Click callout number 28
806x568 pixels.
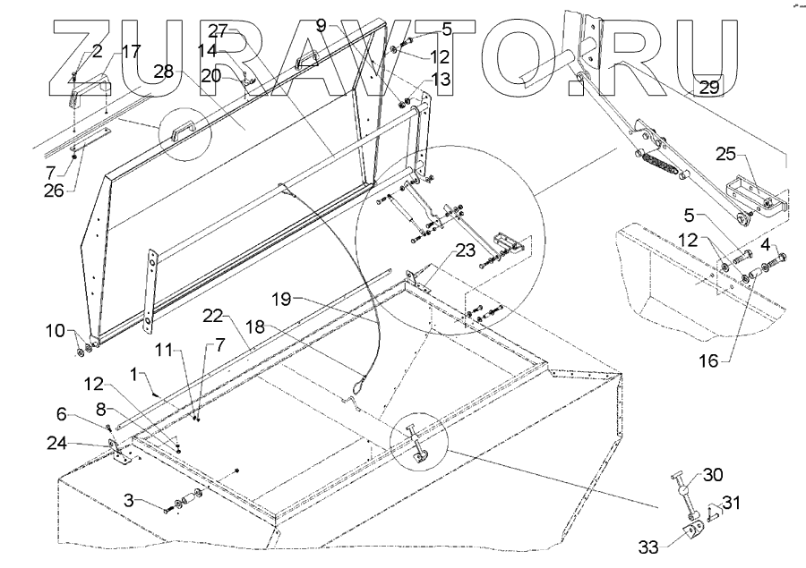click(x=163, y=72)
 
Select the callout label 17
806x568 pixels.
click(x=130, y=52)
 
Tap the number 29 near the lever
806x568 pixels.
click(x=707, y=88)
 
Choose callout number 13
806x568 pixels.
click(x=442, y=80)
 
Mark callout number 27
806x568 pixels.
click(x=219, y=30)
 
